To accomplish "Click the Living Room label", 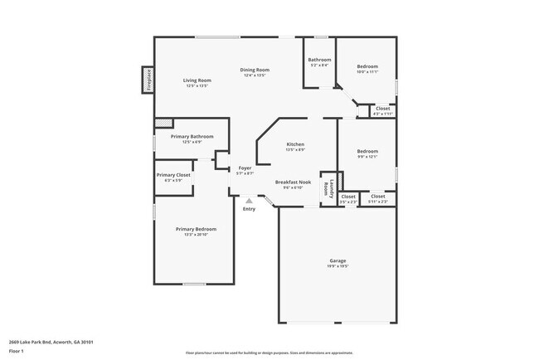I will point(197,80).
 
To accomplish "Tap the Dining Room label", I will point(255,70).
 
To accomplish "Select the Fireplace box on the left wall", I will point(148,80).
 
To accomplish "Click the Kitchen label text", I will point(295,144).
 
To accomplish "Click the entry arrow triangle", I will point(249,200).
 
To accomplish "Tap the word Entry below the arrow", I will point(249,208).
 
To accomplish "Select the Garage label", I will point(337,260).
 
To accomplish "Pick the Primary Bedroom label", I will point(196,229).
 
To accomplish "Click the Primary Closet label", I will point(173,175).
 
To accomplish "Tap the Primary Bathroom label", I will point(192,136).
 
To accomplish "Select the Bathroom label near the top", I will point(320,60).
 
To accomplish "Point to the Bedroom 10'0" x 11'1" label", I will point(367,66).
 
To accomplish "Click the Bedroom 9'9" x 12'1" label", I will point(367,152).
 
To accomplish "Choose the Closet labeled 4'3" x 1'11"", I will point(382,109).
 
